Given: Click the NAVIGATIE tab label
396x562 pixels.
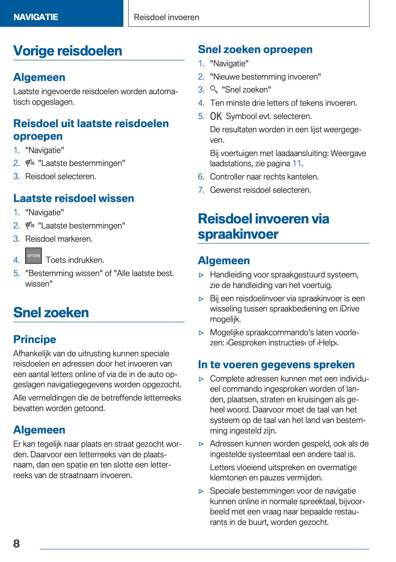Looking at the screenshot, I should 36,17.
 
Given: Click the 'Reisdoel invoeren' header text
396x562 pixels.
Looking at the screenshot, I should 167,17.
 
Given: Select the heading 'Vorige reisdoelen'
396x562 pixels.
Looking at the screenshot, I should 68,51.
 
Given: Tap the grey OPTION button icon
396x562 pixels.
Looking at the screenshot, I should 33,256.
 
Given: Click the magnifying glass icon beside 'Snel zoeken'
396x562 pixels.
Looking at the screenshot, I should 214,89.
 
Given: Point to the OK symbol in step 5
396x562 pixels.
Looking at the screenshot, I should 216,116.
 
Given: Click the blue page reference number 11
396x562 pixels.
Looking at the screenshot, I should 297,164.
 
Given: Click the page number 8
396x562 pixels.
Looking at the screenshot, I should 16,543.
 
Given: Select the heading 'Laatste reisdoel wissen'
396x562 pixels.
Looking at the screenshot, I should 74,198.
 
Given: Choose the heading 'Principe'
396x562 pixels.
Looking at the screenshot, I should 35,339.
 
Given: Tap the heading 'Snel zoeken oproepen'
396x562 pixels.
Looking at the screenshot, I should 255,49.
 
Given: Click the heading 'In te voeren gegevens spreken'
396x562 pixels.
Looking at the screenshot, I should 276,364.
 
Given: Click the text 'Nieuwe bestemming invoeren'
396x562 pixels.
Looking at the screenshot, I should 265,77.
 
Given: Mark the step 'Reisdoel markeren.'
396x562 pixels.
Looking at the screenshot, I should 59,239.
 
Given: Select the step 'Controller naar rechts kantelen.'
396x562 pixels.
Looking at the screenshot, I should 264,177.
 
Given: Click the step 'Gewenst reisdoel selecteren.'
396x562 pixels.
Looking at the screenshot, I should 260,190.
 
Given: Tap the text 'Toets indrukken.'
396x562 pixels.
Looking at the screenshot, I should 75,260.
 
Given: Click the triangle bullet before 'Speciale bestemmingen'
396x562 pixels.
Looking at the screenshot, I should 202,491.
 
